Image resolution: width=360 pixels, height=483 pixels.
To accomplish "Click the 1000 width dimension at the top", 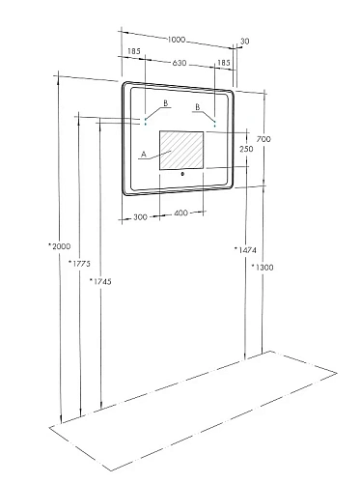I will click(177, 40).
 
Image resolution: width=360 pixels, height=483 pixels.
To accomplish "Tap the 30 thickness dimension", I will click(245, 41).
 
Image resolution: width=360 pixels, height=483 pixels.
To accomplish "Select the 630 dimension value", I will click(180, 63).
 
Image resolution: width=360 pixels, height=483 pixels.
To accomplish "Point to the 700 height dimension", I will click(264, 140).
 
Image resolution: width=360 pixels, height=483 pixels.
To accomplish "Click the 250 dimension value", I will click(246, 149).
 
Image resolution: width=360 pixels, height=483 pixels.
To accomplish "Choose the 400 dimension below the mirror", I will click(182, 214).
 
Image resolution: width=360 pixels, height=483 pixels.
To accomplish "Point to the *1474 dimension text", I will click(243, 249).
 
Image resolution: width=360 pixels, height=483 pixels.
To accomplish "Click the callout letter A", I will click(143, 154).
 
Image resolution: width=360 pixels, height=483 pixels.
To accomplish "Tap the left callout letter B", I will click(166, 103).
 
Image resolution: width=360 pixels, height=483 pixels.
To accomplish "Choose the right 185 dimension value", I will click(225, 63).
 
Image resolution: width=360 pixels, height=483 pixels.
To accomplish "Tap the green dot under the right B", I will click(214, 126).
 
